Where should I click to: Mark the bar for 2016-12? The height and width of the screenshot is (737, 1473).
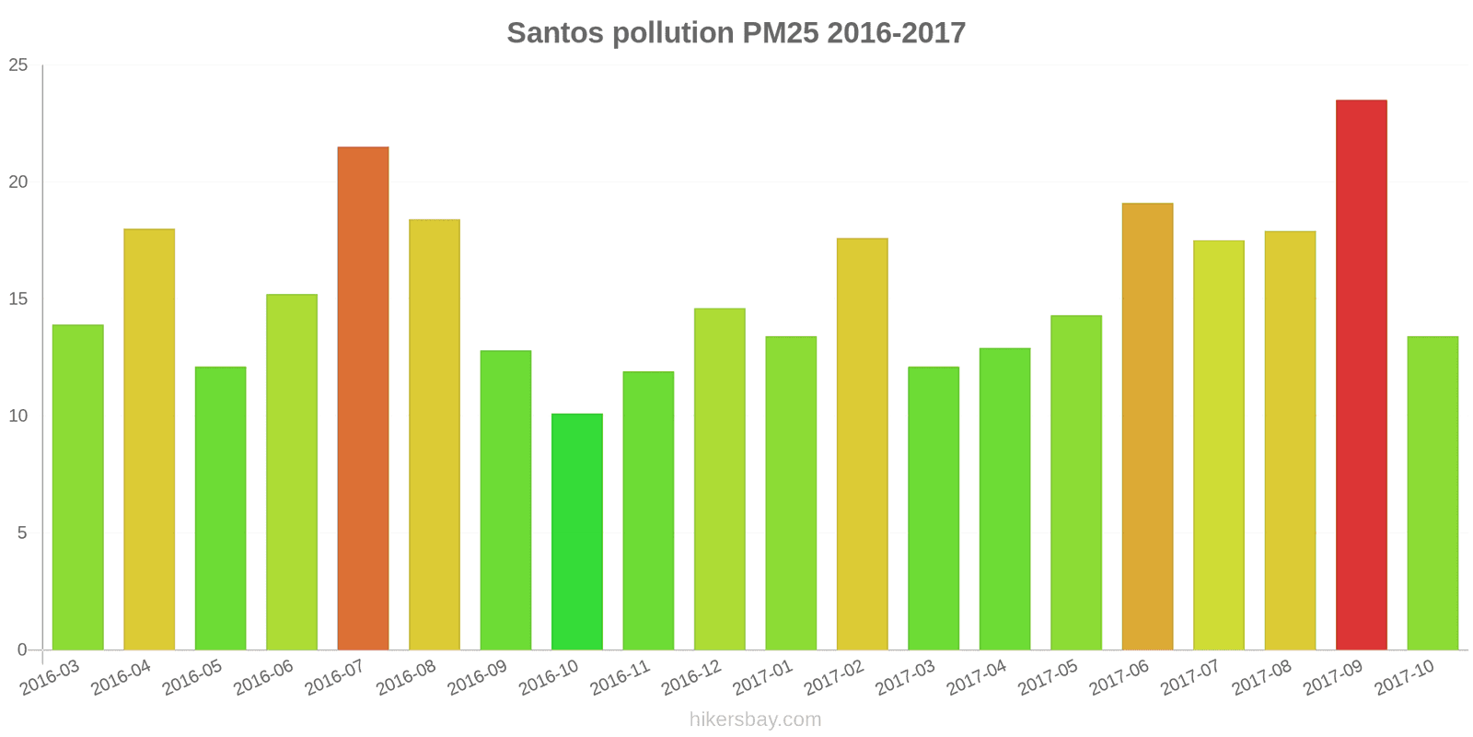pyautogui.click(x=719, y=479)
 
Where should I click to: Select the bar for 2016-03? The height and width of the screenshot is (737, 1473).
pyautogui.click(x=78, y=487)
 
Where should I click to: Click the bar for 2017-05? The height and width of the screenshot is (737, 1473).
pyautogui.click(x=1076, y=483)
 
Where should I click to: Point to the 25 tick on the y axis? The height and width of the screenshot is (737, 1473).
pyautogui.click(x=18, y=65)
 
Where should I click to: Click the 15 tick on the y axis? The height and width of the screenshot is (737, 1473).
pyautogui.click(x=18, y=299)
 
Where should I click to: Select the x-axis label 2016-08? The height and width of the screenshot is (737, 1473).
pyautogui.click(x=406, y=678)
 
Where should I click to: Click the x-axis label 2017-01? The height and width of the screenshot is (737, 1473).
pyautogui.click(x=762, y=678)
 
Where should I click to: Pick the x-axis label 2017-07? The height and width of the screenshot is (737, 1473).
pyautogui.click(x=1189, y=678)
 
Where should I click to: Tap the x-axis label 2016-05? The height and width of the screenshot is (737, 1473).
pyautogui.click(x=192, y=678)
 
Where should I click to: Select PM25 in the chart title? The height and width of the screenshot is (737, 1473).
pyautogui.click(x=778, y=33)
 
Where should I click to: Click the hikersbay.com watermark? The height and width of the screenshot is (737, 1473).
pyautogui.click(x=755, y=719)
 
